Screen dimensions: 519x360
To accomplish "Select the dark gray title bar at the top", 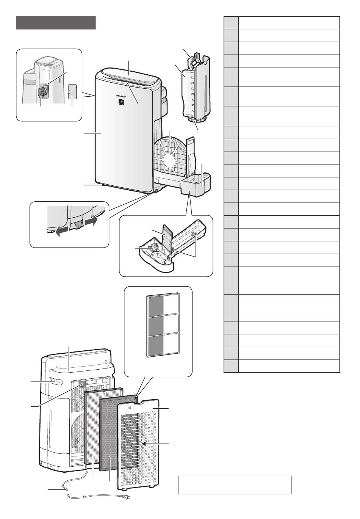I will point(56,23).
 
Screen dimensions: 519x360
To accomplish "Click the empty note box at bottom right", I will point(235,485).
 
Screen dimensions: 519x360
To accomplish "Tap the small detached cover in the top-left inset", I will point(72,91).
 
